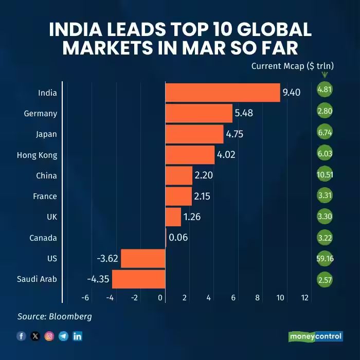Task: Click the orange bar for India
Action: tap(222, 93)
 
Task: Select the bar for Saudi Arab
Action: tap(138, 279)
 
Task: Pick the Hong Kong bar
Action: tap(189, 155)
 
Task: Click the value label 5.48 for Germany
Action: tap(244, 113)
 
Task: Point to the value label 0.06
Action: tap(178, 238)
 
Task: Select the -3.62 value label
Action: tap(107, 258)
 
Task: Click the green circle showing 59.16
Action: tap(325, 258)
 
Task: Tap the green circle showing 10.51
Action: tap(325, 175)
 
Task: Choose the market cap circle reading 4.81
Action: tap(325, 89)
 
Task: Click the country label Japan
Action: tap(47, 134)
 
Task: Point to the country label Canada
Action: tap(44, 238)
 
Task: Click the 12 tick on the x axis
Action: tap(304, 297)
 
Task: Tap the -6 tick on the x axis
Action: tap(85, 297)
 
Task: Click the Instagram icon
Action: tap(49, 336)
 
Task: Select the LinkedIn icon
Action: tap(77, 336)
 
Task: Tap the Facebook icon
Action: tap(22, 336)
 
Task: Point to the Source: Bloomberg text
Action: tap(55, 316)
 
